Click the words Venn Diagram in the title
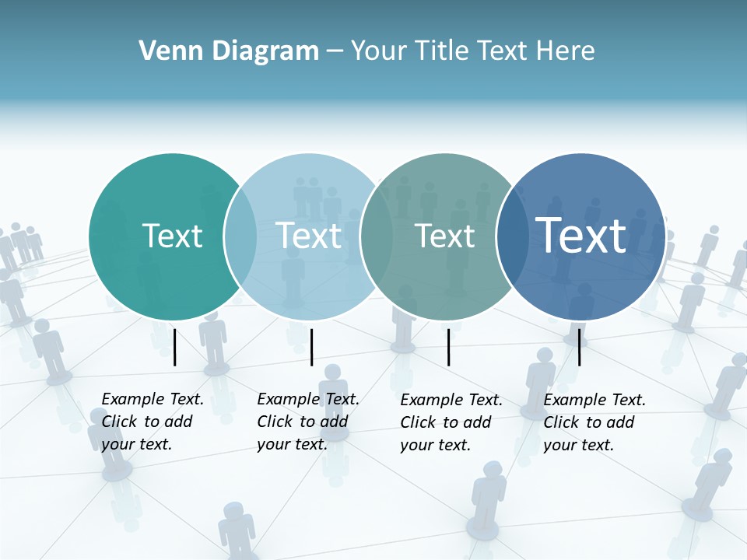[229, 51]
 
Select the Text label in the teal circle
[172, 236]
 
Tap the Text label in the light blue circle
[309, 236]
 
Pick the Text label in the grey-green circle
[444, 236]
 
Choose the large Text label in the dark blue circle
[581, 236]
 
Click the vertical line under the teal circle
[175, 347]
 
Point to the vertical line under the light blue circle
[311, 347]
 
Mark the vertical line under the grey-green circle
[449, 347]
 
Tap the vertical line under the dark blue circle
[580, 347]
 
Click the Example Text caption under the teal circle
[153, 422]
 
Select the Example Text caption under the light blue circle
[308, 422]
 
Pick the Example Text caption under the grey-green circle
[451, 422]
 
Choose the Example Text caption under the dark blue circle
[594, 422]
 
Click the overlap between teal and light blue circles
[240, 236]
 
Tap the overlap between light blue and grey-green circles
[377, 236]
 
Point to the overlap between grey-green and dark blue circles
[512, 236]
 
